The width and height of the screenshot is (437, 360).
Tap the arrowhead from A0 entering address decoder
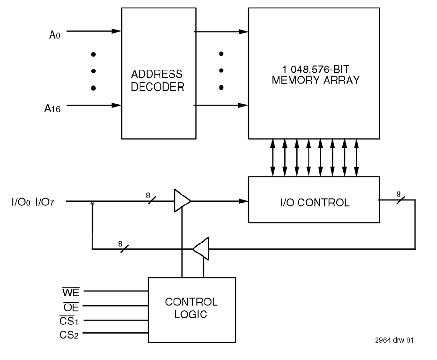point(117,32)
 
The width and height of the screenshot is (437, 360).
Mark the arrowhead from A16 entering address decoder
point(117,106)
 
